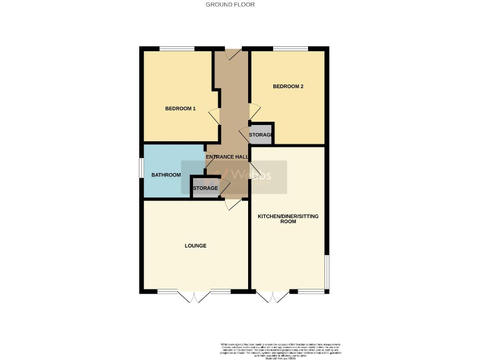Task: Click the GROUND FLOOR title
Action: [230, 4]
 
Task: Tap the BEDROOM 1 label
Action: [180, 109]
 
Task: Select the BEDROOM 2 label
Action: [288, 86]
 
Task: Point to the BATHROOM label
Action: [166, 175]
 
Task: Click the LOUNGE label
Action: [195, 246]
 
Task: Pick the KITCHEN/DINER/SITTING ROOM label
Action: [288, 219]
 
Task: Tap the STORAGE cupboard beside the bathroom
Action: [205, 188]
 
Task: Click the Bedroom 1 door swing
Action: [214, 116]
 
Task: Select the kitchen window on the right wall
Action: [327, 272]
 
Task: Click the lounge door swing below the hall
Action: [230, 204]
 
